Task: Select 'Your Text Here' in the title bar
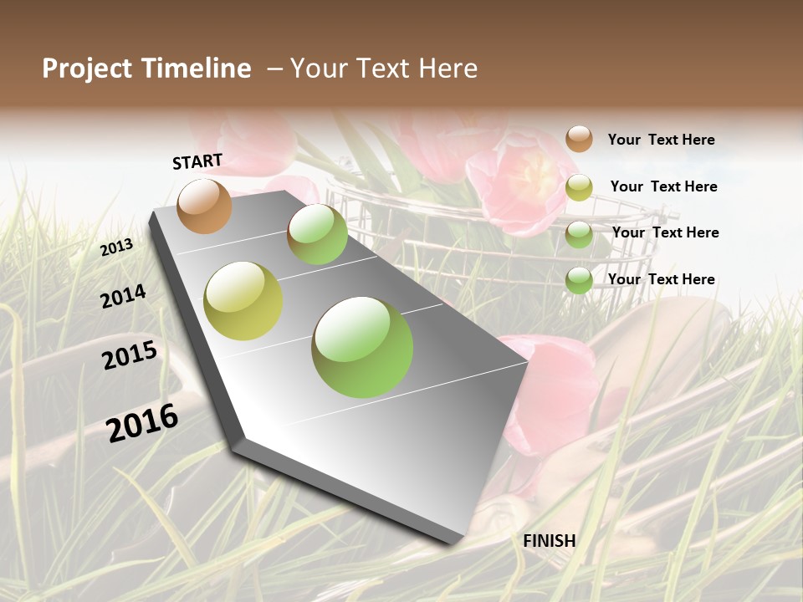pos(384,69)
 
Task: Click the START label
pos(197,161)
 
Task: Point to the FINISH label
pos(550,541)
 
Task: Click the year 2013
pos(117,247)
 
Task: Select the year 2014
pos(124,296)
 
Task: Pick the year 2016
pos(142,422)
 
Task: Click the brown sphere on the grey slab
pos(204,206)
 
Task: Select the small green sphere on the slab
pos(317,234)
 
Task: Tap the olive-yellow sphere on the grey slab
pos(243,301)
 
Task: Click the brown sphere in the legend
pos(579,139)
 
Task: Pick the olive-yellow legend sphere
pos(579,187)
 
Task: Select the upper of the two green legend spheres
pos(579,234)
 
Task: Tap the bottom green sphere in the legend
pos(579,280)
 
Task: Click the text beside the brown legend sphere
pos(661,140)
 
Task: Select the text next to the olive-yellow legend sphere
pos(663,186)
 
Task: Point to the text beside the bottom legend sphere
pos(661,279)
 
